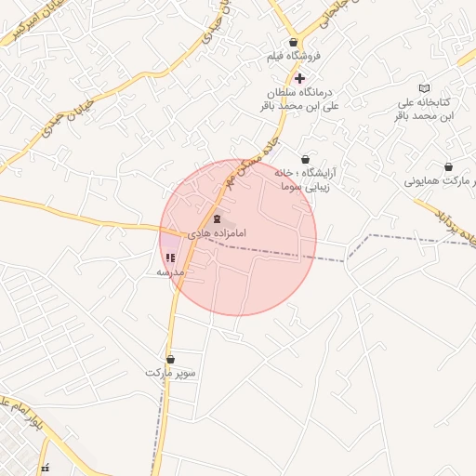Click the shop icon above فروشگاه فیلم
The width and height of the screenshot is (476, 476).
(x=294, y=43)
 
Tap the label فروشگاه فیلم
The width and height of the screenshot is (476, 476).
(x=294, y=57)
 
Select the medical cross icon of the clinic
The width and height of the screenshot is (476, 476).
(x=298, y=78)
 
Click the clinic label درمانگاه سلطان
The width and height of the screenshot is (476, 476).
(x=296, y=93)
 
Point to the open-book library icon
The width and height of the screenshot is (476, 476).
(x=425, y=87)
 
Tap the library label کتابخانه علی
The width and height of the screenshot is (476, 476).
(x=424, y=101)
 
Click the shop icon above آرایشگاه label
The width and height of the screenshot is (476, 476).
(x=306, y=159)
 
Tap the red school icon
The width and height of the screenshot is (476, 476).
(x=169, y=258)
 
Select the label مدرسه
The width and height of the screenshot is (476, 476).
(x=171, y=272)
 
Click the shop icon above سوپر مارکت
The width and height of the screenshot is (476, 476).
(x=170, y=359)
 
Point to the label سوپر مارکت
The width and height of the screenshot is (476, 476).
(x=171, y=373)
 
